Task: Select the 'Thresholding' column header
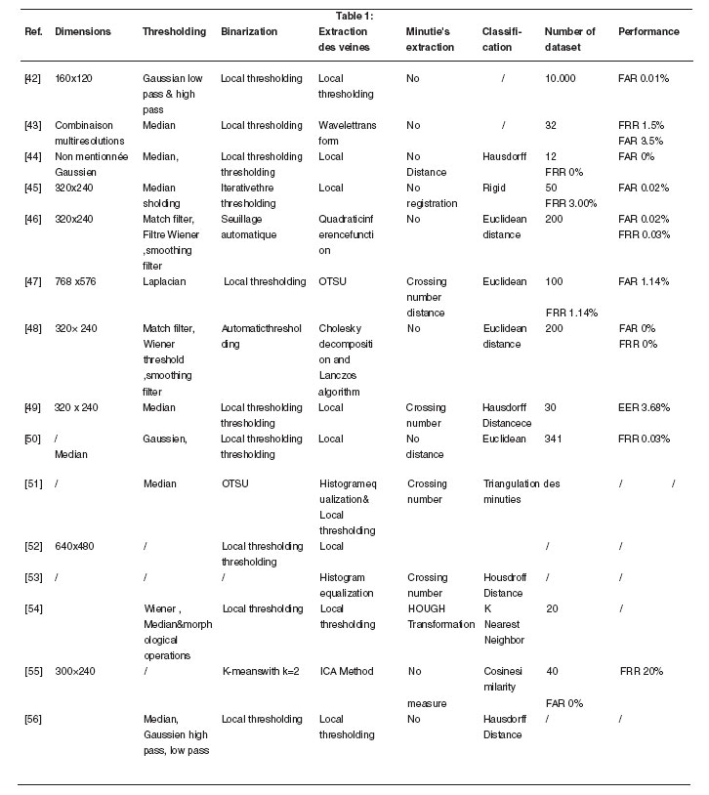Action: [174, 32]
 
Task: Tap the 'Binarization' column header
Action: [249, 32]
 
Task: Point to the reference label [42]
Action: [32, 76]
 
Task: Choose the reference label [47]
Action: [32, 282]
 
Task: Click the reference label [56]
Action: [32, 720]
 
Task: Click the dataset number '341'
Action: [554, 439]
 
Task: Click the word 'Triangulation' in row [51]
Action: [511, 483]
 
